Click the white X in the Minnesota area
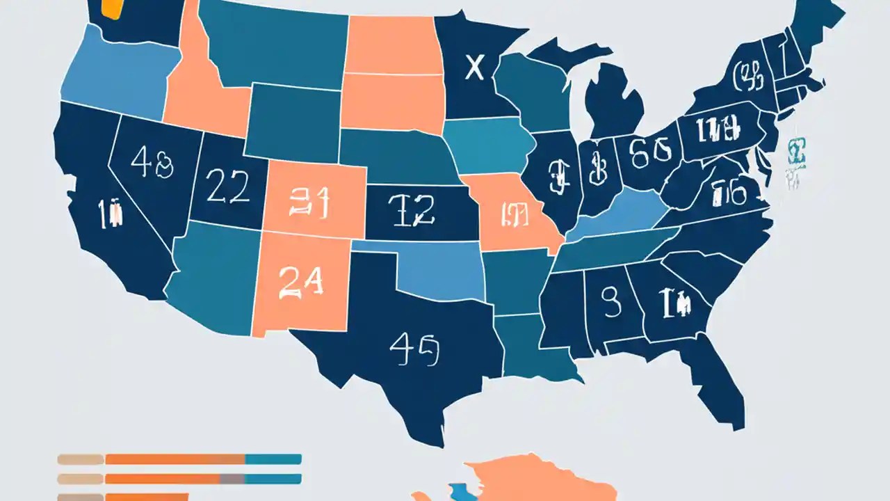coord(474,67)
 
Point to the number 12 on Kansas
coord(413,209)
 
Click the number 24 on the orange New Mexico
coord(300,283)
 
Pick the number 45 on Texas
coord(414,349)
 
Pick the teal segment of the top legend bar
coord(273,459)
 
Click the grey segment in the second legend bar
coord(232,479)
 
